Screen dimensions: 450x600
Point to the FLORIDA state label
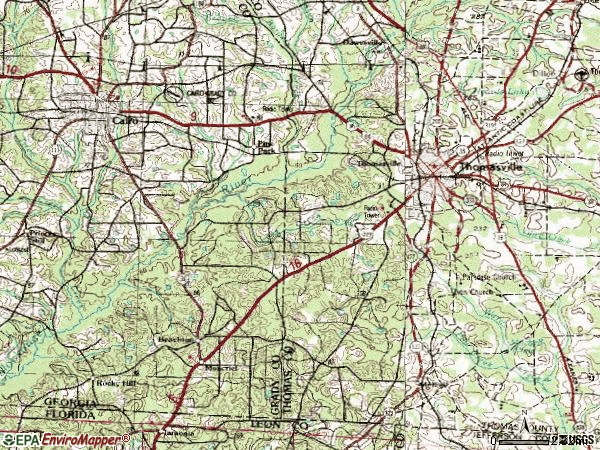click(70, 411)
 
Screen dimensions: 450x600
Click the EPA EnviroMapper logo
click(66, 439)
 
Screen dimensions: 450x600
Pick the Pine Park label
click(265, 146)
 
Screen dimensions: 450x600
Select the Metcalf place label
click(222, 367)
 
